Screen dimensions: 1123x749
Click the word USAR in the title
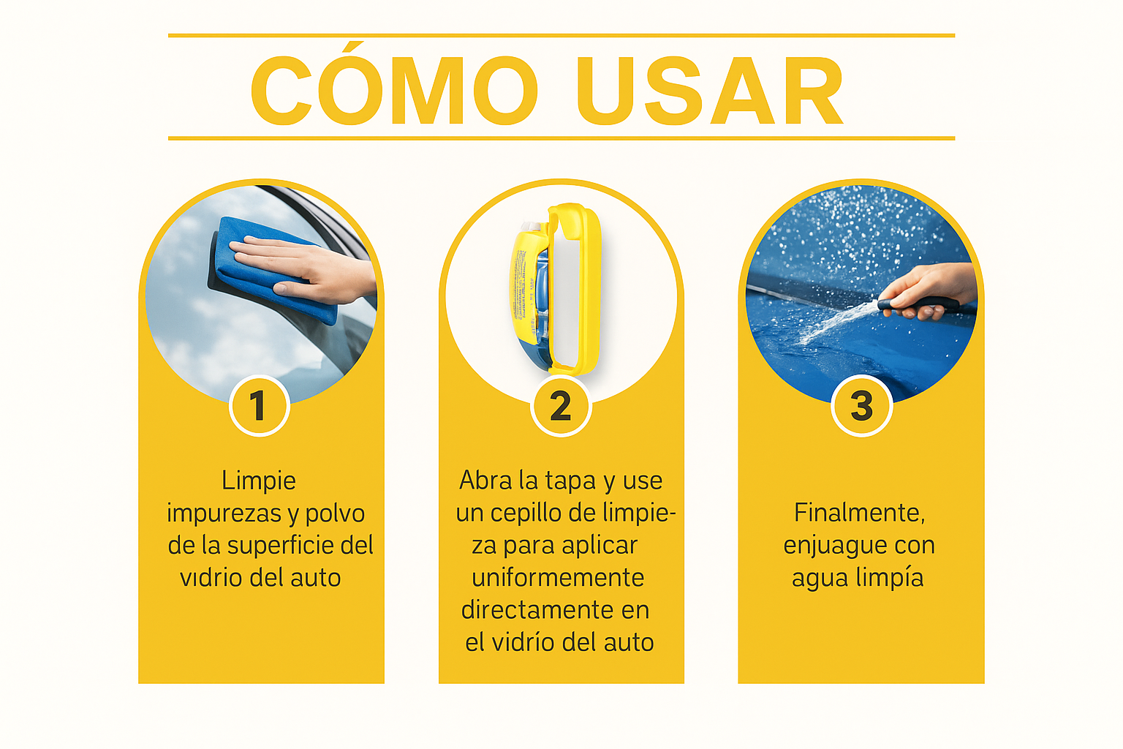click(711, 90)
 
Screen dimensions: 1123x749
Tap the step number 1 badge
click(260, 406)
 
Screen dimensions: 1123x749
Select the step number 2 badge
click(561, 406)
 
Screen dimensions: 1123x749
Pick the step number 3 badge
click(861, 406)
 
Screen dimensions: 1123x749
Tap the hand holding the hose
click(928, 291)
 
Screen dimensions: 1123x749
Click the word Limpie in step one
click(259, 481)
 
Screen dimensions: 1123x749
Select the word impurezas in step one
click(224, 513)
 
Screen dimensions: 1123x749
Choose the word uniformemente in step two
click(558, 577)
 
